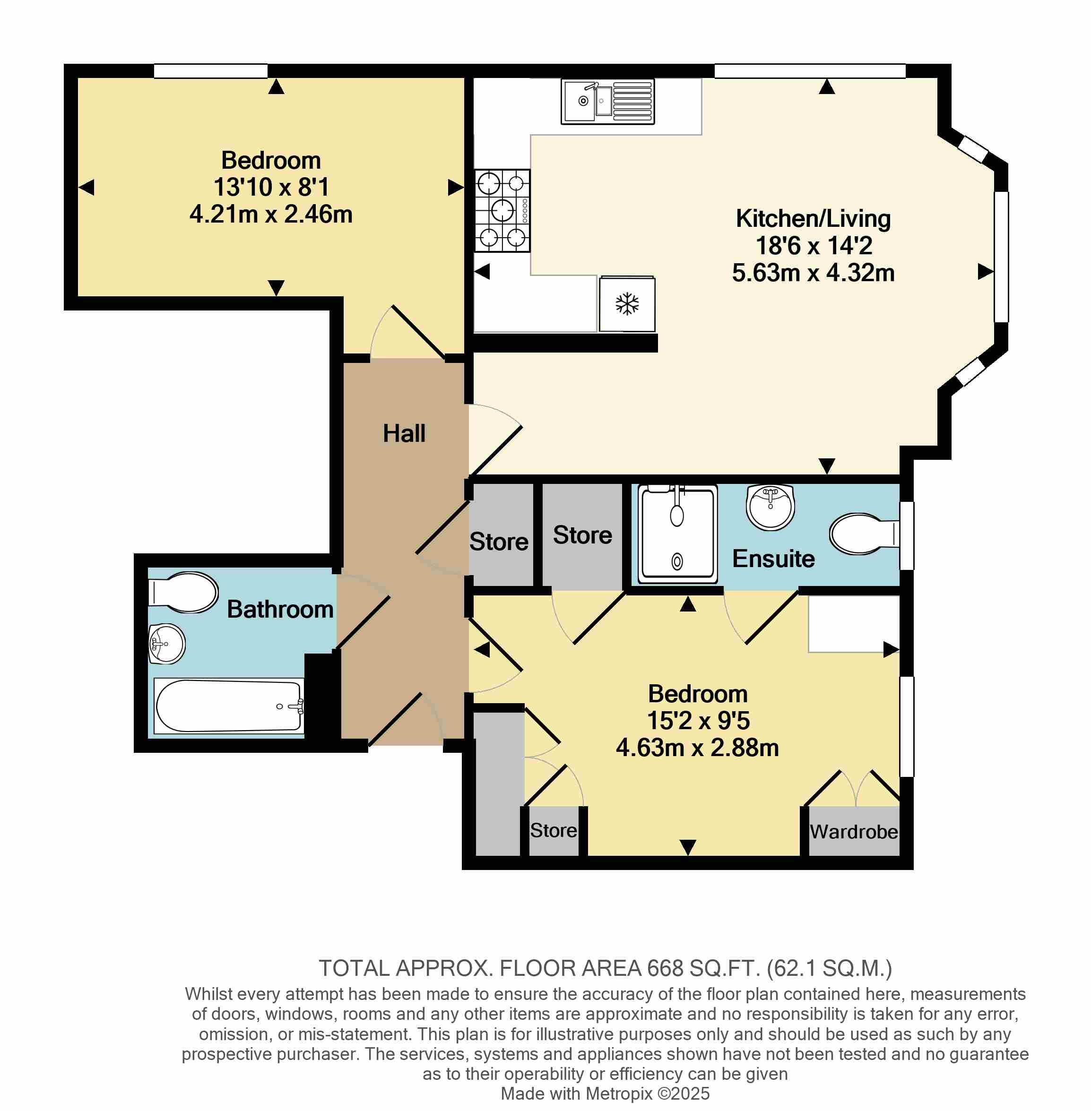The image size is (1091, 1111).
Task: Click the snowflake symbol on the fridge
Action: (627, 304)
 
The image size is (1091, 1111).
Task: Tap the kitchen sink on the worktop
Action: (607, 102)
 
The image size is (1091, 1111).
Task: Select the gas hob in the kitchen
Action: (502, 210)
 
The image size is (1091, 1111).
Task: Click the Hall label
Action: (404, 433)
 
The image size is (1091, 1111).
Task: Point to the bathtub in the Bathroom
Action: (229, 706)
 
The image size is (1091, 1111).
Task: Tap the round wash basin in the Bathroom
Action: (166, 644)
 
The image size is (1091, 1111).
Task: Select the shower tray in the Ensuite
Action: (677, 534)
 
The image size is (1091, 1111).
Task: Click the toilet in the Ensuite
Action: (864, 534)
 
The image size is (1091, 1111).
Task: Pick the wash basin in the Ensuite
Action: (770, 507)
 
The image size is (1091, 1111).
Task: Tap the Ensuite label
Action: (773, 558)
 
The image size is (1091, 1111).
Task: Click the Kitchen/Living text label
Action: (813, 218)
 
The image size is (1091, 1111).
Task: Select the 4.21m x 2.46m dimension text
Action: (271, 214)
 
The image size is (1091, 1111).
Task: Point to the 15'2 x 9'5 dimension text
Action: (698, 720)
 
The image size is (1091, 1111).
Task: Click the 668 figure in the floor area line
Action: (665, 968)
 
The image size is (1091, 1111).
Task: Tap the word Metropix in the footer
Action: (619, 1093)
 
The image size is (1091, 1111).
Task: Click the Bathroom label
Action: (280, 609)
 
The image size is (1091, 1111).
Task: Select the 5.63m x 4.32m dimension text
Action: (813, 272)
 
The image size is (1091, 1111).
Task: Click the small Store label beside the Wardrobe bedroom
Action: (554, 830)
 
